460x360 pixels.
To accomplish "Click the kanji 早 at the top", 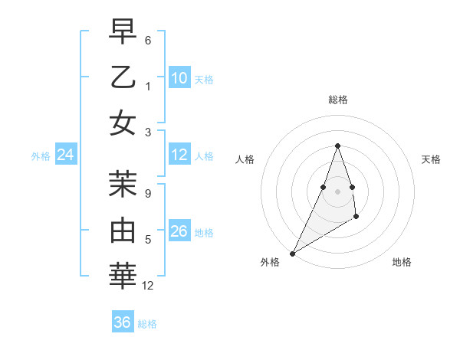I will pyautogui.click(x=123, y=32).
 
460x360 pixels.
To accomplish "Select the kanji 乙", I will pyautogui.click(x=123, y=77).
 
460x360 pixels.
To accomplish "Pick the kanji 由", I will pyautogui.click(x=123, y=231).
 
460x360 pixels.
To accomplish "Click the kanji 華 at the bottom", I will pyautogui.click(x=123, y=276).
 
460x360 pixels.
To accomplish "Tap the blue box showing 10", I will pyautogui.click(x=179, y=78).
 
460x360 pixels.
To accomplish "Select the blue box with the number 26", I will pyautogui.click(x=179, y=231).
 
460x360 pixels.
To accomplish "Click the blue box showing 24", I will pyautogui.click(x=66, y=155).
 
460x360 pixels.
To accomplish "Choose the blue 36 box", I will pyautogui.click(x=123, y=322).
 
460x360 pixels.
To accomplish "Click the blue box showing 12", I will pyautogui.click(x=179, y=155).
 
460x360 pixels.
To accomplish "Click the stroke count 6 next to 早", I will pyautogui.click(x=148, y=40).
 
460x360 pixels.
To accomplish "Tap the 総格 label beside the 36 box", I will pyautogui.click(x=147, y=324).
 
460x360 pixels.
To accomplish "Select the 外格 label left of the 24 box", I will pyautogui.click(x=41, y=156).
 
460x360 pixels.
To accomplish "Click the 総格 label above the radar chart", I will pyautogui.click(x=337, y=100).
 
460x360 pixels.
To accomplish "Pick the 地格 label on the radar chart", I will pyautogui.click(x=402, y=263).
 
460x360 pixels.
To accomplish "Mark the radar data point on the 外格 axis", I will pyautogui.click(x=292, y=254).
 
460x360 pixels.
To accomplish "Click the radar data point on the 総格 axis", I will pyautogui.click(x=337, y=146).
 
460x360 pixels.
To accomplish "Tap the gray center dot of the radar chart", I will pyautogui.click(x=337, y=191).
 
